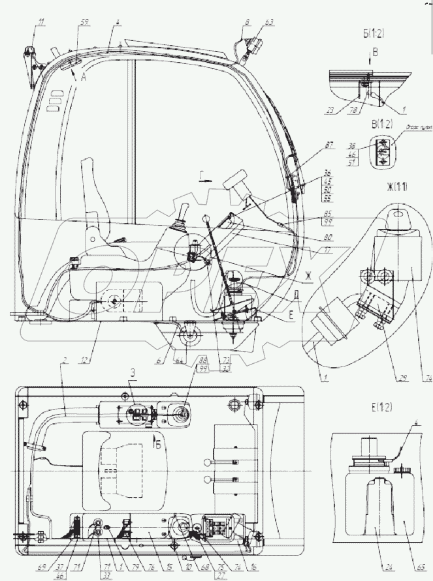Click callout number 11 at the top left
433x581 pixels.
pos(41,24)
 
